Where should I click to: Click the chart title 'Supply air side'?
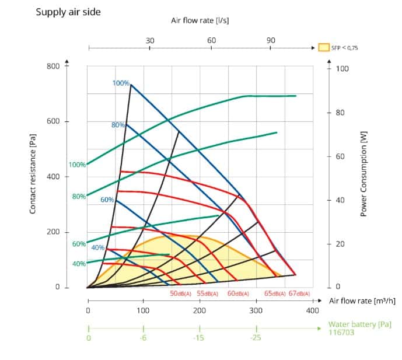click(x=68, y=12)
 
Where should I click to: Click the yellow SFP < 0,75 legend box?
click(x=324, y=48)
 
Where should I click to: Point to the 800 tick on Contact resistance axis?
click(x=53, y=65)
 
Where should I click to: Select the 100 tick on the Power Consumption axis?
click(x=343, y=69)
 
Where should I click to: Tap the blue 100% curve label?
click(x=121, y=83)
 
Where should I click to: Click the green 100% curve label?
click(x=78, y=165)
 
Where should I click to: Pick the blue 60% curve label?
click(x=107, y=200)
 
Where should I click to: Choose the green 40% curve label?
click(x=79, y=264)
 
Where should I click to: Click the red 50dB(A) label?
click(x=181, y=293)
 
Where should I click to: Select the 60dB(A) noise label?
click(x=238, y=293)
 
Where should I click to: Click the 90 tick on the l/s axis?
click(x=271, y=40)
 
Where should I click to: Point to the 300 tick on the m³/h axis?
click(x=256, y=310)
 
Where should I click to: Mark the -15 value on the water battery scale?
click(x=200, y=338)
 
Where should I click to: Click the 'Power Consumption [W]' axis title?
click(x=363, y=173)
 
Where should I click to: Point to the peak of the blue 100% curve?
click(x=131, y=85)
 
